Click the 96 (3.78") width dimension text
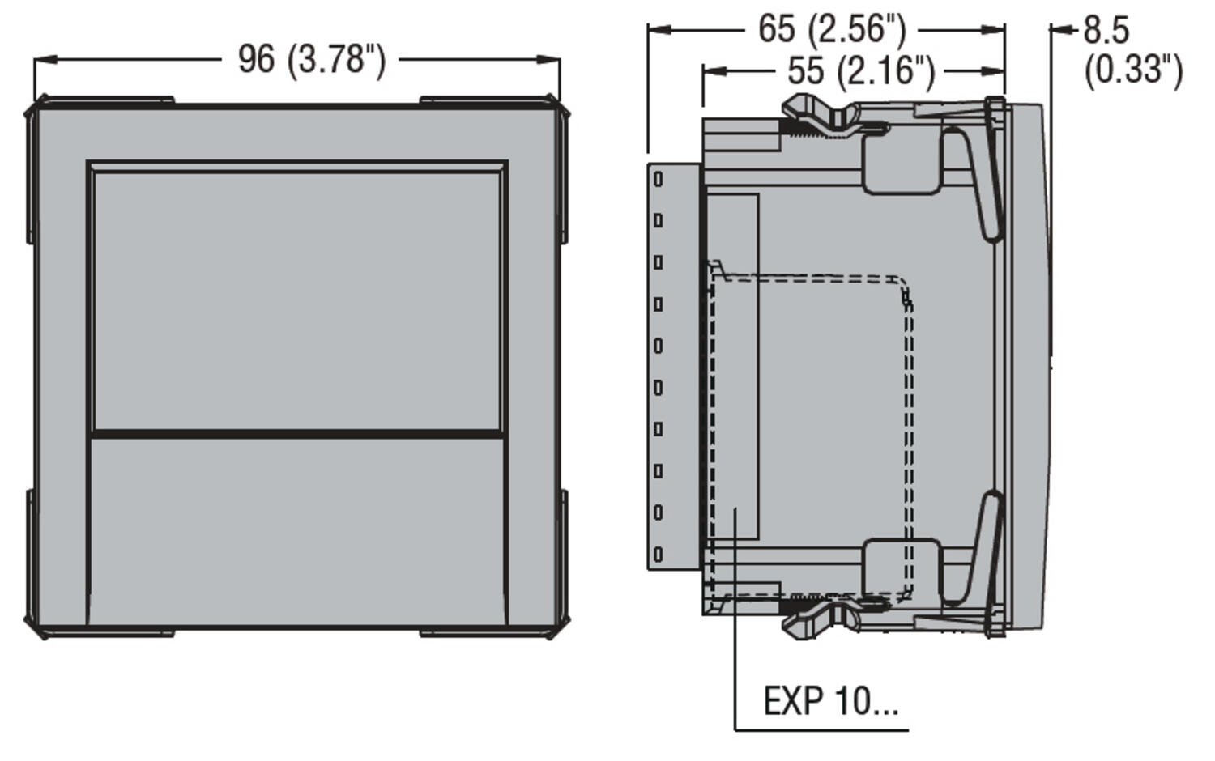312,60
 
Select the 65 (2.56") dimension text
832,29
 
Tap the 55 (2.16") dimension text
861,71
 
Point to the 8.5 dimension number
1106,31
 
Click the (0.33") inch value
1133,70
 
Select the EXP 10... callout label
831,701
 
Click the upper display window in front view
296,300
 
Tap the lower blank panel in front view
296,530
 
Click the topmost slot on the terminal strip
658,179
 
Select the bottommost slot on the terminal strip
658,555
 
